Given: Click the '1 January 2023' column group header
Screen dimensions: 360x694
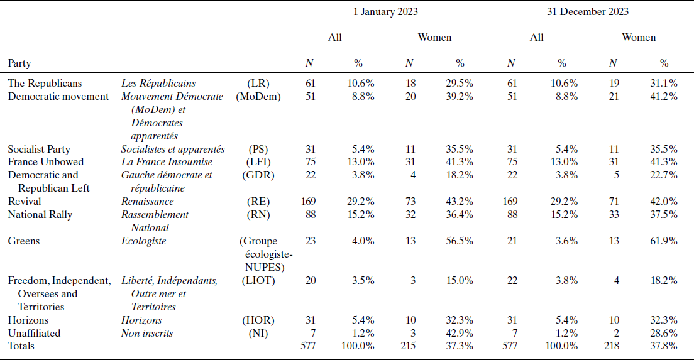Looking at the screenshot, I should pos(385,11).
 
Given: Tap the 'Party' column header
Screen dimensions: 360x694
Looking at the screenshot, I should pos(19,63).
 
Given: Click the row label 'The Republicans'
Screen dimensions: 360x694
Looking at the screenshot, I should pos(45,83).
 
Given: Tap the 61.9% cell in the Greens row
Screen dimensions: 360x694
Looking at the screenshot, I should pos(664,241).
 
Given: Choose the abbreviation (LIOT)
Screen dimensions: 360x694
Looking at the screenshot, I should pos(258,280).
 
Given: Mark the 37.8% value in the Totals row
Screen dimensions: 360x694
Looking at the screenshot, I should pos(664,346).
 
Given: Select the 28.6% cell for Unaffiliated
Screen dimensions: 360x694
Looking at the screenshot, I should pos(664,333).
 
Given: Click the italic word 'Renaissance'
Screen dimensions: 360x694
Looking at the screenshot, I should pos(147,201).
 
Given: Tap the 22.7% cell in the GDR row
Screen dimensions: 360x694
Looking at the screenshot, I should pos(664,175).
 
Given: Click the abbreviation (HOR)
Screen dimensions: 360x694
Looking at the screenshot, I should pos(258,320).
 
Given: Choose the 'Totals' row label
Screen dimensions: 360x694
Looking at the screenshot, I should pos(21,346).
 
